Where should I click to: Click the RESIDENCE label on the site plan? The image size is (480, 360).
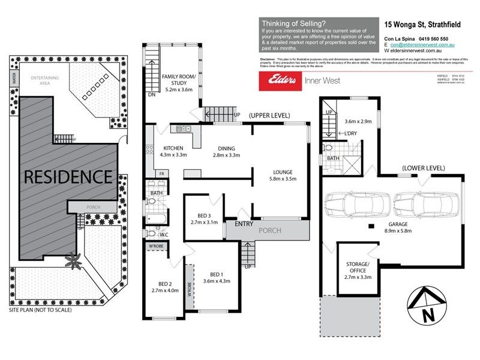[x=68, y=177]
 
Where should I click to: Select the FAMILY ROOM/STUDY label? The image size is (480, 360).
[x=178, y=80]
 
